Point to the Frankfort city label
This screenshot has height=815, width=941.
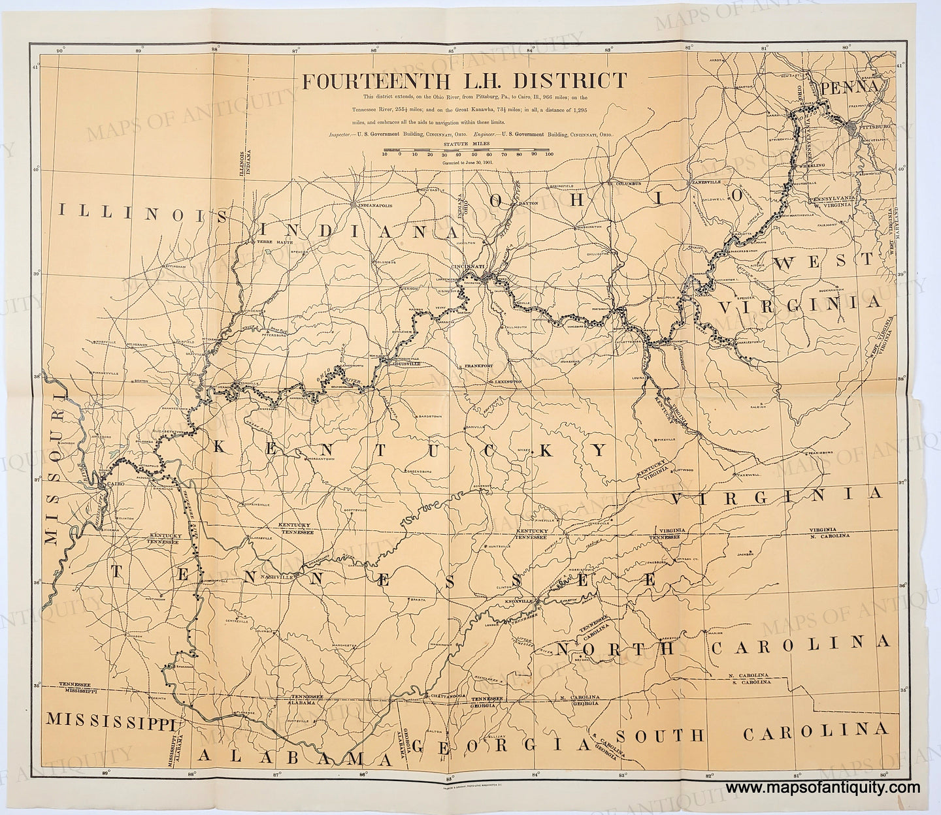click(478, 366)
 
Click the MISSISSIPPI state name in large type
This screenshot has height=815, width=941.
click(110, 720)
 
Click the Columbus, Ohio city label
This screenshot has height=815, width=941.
click(629, 185)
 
